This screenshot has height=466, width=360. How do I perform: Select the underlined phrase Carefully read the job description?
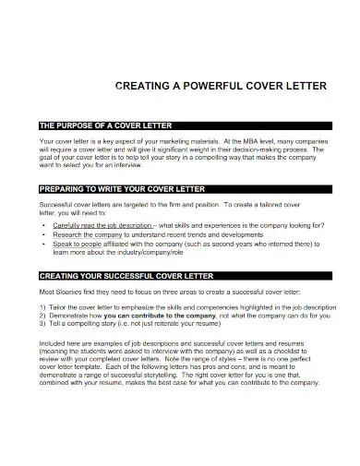coord(102,225)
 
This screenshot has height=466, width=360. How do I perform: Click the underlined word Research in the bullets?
coord(69,235)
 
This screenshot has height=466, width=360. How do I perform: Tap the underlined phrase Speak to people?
coord(77,245)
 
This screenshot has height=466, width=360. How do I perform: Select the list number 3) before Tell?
coord(43,324)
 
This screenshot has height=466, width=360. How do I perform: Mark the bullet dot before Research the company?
coord(44,235)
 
